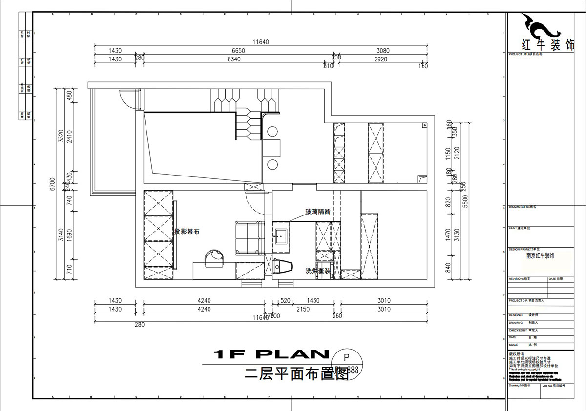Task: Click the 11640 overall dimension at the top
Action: pos(261,42)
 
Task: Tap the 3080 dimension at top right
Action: pos(383,51)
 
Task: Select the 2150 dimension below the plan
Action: pos(303,309)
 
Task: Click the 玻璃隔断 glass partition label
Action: pos(318,212)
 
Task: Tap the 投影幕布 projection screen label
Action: pos(187,231)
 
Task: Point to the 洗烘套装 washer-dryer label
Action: pos(318,271)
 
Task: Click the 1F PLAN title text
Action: pos(271,353)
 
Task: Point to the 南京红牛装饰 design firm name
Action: pos(540,255)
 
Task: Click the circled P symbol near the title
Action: pos(347,357)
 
